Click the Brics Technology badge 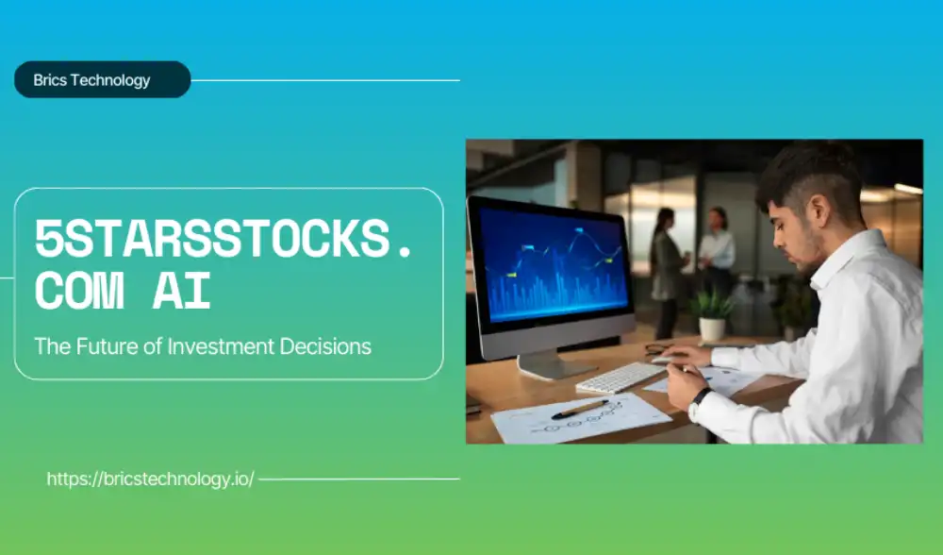point(102,79)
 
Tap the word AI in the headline point(182,292)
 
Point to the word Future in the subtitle point(108,346)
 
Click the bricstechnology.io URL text point(150,479)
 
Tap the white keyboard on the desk point(620,378)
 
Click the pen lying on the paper point(580,410)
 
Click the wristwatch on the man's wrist point(698,399)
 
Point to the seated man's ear point(819,212)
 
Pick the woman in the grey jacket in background point(667,272)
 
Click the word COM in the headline point(79,292)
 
